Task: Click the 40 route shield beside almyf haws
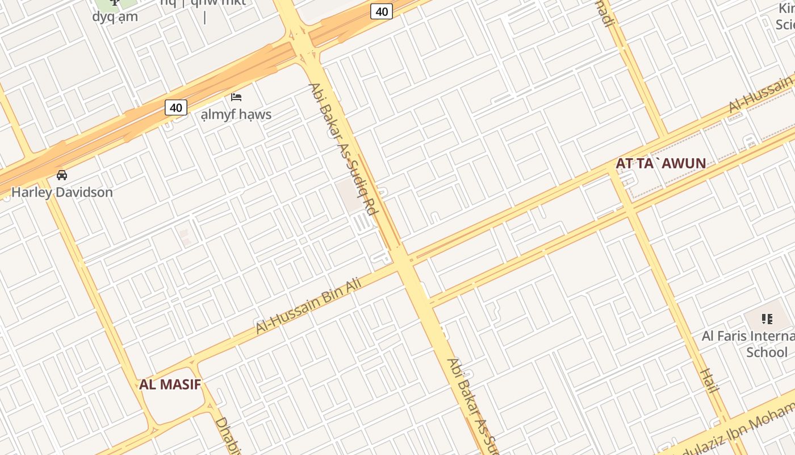point(176,107)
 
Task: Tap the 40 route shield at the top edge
point(382,11)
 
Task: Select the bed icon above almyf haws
point(236,97)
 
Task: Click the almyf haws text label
point(236,114)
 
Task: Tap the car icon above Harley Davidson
point(62,175)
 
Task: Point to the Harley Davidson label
point(62,192)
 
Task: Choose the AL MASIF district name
point(170,384)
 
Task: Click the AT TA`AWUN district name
point(660,164)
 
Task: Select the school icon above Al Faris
point(767,319)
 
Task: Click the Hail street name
point(709,380)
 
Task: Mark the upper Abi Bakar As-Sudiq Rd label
point(343,149)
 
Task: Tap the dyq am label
point(115,16)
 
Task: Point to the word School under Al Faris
point(767,352)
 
